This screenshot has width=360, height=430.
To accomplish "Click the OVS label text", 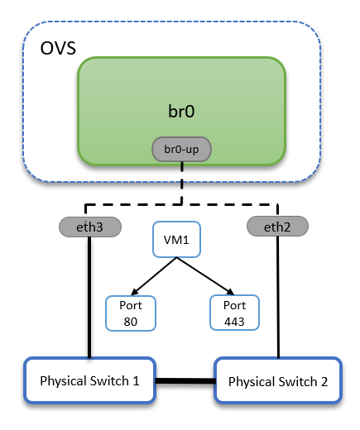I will (x=58, y=48).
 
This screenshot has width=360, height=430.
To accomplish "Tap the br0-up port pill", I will (x=181, y=150).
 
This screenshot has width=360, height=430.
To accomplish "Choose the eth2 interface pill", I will (x=277, y=225).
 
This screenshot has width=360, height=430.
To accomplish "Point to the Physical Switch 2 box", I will (x=278, y=381).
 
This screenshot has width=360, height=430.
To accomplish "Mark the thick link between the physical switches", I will (x=185, y=381).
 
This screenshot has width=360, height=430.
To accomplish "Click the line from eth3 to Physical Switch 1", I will (x=89, y=298).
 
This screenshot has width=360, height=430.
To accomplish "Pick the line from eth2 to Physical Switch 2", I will (x=278, y=298).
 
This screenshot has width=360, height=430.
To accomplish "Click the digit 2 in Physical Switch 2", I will (x=324, y=382).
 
